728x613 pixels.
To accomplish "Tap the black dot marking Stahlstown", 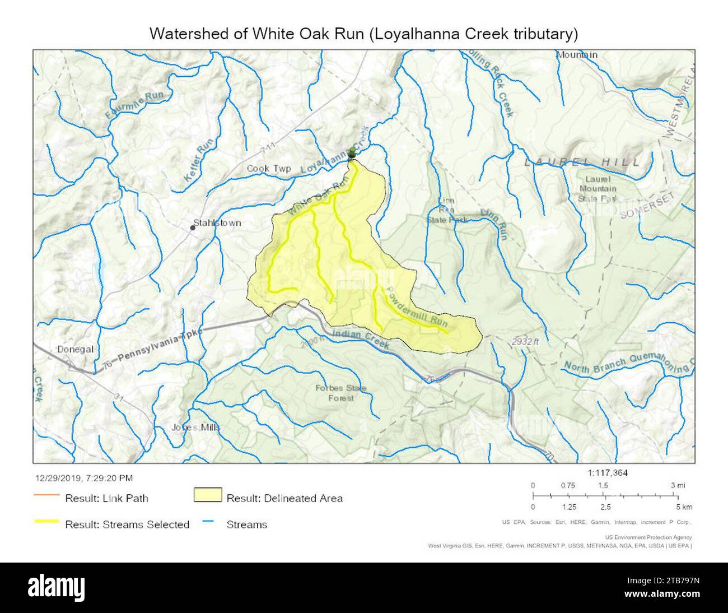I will (193, 228).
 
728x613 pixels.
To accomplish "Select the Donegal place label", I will (75, 349).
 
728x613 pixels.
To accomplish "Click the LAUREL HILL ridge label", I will (582, 162).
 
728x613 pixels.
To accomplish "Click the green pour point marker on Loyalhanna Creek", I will (352, 152).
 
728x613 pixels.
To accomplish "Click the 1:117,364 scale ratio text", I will (608, 473).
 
